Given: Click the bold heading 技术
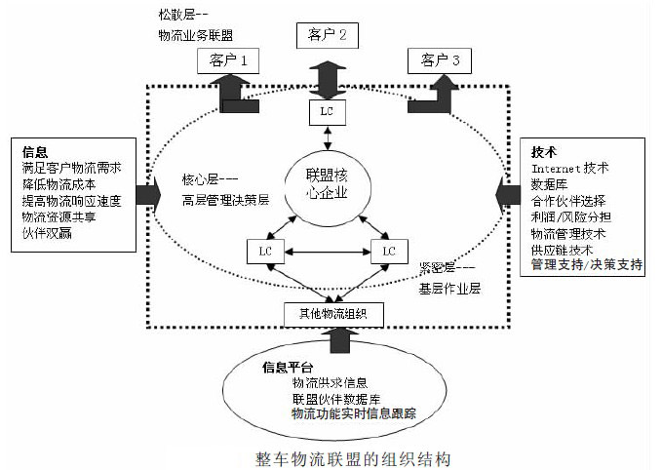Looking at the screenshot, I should click(x=543, y=153).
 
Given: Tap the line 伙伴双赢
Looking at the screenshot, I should click(x=47, y=232).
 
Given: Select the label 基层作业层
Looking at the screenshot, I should click(x=449, y=290).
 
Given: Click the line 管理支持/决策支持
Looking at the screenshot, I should click(x=586, y=264).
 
